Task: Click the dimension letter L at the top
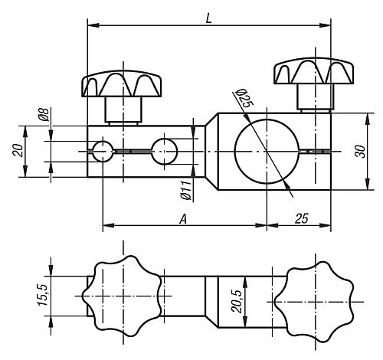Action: [209, 18]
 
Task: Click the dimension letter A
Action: [183, 219]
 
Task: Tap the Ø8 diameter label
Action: [44, 114]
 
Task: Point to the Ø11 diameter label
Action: [186, 190]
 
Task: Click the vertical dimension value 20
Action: [18, 150]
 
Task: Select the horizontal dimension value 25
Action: [302, 218]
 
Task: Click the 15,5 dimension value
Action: [42, 295]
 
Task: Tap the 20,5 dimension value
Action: [237, 302]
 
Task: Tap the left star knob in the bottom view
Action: [122, 296]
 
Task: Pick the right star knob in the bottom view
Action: [313, 302]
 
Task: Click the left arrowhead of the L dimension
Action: [93, 25]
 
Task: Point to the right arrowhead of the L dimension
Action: [325, 25]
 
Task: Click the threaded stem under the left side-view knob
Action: [123, 110]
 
